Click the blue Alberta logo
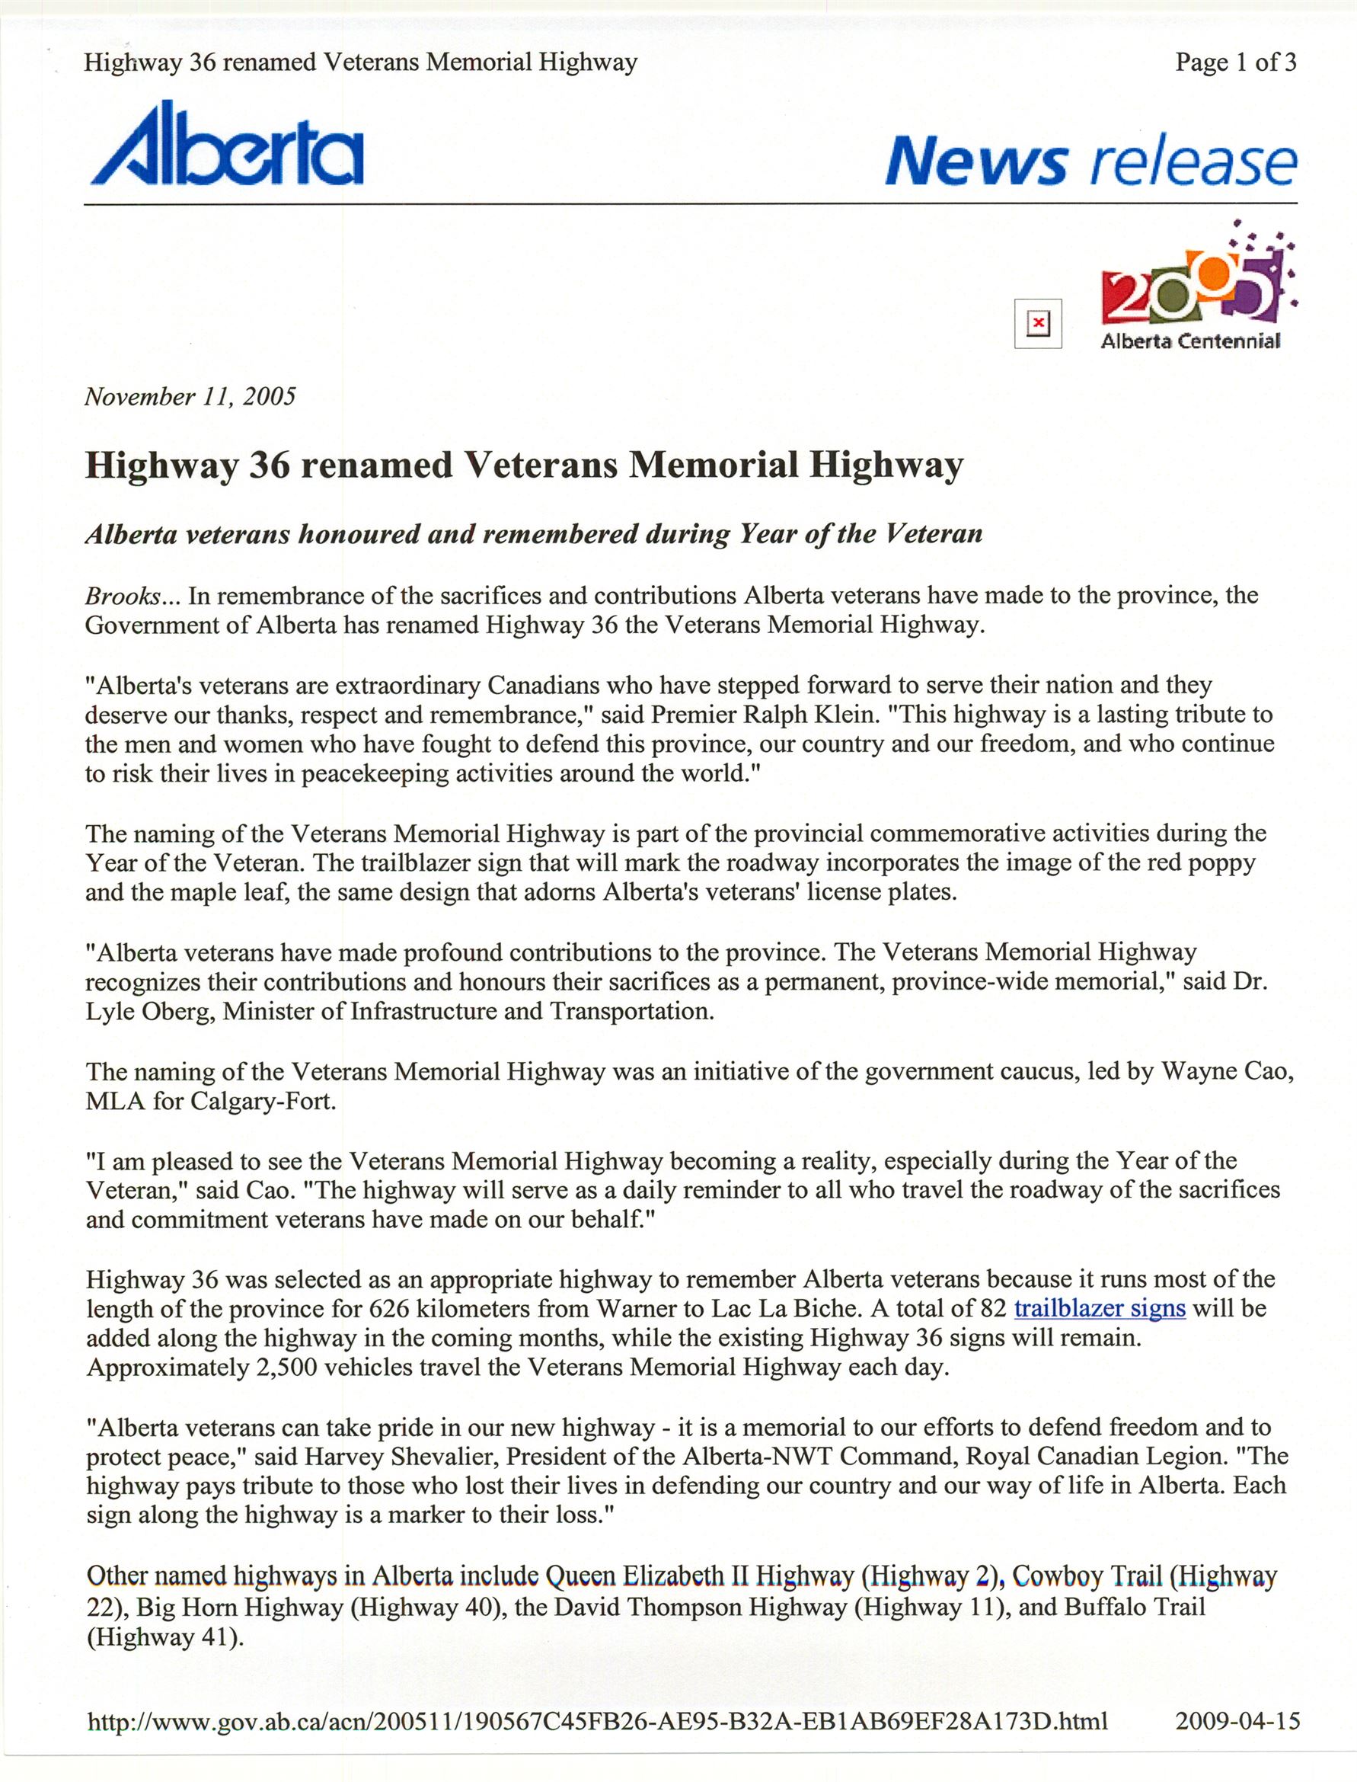coord(227,144)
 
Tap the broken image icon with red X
coord(1037,324)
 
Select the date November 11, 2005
coord(190,396)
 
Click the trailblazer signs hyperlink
coord(1100,1307)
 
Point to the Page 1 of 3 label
coord(1235,62)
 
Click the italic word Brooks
coord(123,596)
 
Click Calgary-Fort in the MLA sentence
coord(263,1101)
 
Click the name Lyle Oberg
coord(150,1011)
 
